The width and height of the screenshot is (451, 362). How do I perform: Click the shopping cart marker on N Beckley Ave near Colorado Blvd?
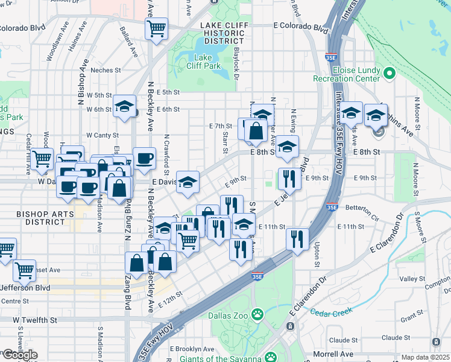pyautogui.click(x=156, y=28)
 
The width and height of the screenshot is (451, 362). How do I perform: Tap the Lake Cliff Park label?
pyautogui.click(x=207, y=63)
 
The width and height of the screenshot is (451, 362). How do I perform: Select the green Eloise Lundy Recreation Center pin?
pyautogui.click(x=389, y=74)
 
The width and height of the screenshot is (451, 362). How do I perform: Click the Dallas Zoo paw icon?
pyautogui.click(x=257, y=314)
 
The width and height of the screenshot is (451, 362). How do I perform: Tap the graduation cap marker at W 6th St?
pyautogui.click(x=124, y=108)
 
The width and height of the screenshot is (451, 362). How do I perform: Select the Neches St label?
pyautogui.click(x=106, y=70)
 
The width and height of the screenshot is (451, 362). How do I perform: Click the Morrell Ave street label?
pyautogui.click(x=333, y=354)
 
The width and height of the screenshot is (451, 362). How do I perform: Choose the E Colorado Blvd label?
pyautogui.click(x=300, y=27)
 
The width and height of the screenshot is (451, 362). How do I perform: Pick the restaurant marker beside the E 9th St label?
pyautogui.click(x=289, y=178)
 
